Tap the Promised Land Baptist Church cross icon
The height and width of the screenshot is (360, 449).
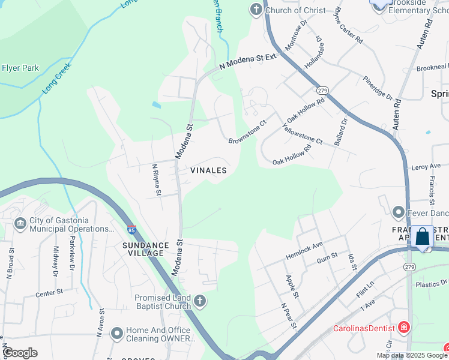pyautogui.click(x=199, y=301)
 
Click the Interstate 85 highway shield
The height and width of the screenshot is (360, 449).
pyautogui.click(x=131, y=230)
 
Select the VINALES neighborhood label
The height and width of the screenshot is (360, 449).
pyautogui.click(x=208, y=170)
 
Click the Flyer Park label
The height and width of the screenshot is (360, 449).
pyautogui.click(x=20, y=68)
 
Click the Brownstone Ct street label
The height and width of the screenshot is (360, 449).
pyautogui.click(x=247, y=133)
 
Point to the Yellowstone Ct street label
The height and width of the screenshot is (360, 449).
pyautogui.click(x=302, y=134)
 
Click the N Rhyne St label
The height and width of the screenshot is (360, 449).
pyautogui.click(x=157, y=179)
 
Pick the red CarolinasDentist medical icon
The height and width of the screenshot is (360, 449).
pyautogui.click(x=405, y=328)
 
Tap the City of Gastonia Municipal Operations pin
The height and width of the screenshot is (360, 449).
pyautogui.click(x=21, y=223)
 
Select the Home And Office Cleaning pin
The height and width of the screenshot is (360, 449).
pyautogui.click(x=117, y=332)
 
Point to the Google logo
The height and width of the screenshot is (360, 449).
pyautogui.click(x=20, y=352)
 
